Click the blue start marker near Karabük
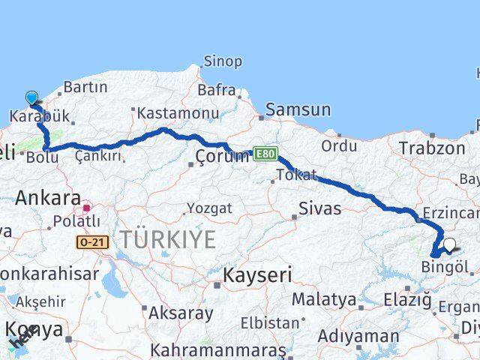[31, 97]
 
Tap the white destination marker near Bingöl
[449, 244]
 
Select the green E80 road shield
[265, 154]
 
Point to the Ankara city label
[48, 199]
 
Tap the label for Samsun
[298, 110]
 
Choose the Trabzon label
[432, 148]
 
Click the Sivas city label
[319, 208]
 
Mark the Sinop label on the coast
[223, 61]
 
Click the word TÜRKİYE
[169, 240]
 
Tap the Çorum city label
[222, 157]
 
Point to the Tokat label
[295, 175]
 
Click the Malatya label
[324, 299]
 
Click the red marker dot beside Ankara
[87, 208]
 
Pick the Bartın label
[85, 88]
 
